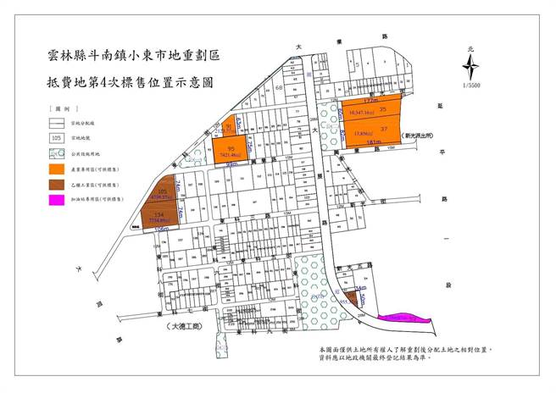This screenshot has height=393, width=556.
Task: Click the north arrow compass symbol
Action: point(468,65)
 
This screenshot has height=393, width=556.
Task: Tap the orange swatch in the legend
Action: point(57,169)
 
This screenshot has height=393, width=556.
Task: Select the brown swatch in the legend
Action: point(57,183)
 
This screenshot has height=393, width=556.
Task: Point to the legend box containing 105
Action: point(57,138)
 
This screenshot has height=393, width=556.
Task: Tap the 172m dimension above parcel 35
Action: point(365,100)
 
